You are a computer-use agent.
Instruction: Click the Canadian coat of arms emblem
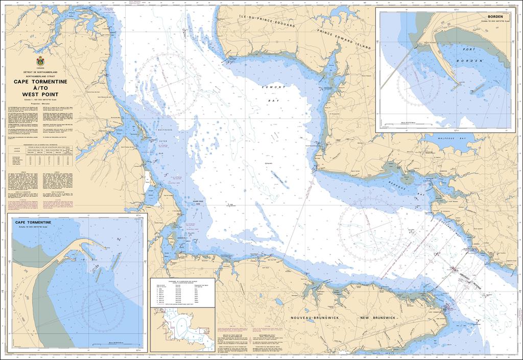click(x=40, y=61)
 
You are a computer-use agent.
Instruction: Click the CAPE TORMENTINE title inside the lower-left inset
click(x=33, y=223)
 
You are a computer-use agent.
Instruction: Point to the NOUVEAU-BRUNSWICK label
click(x=311, y=317)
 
